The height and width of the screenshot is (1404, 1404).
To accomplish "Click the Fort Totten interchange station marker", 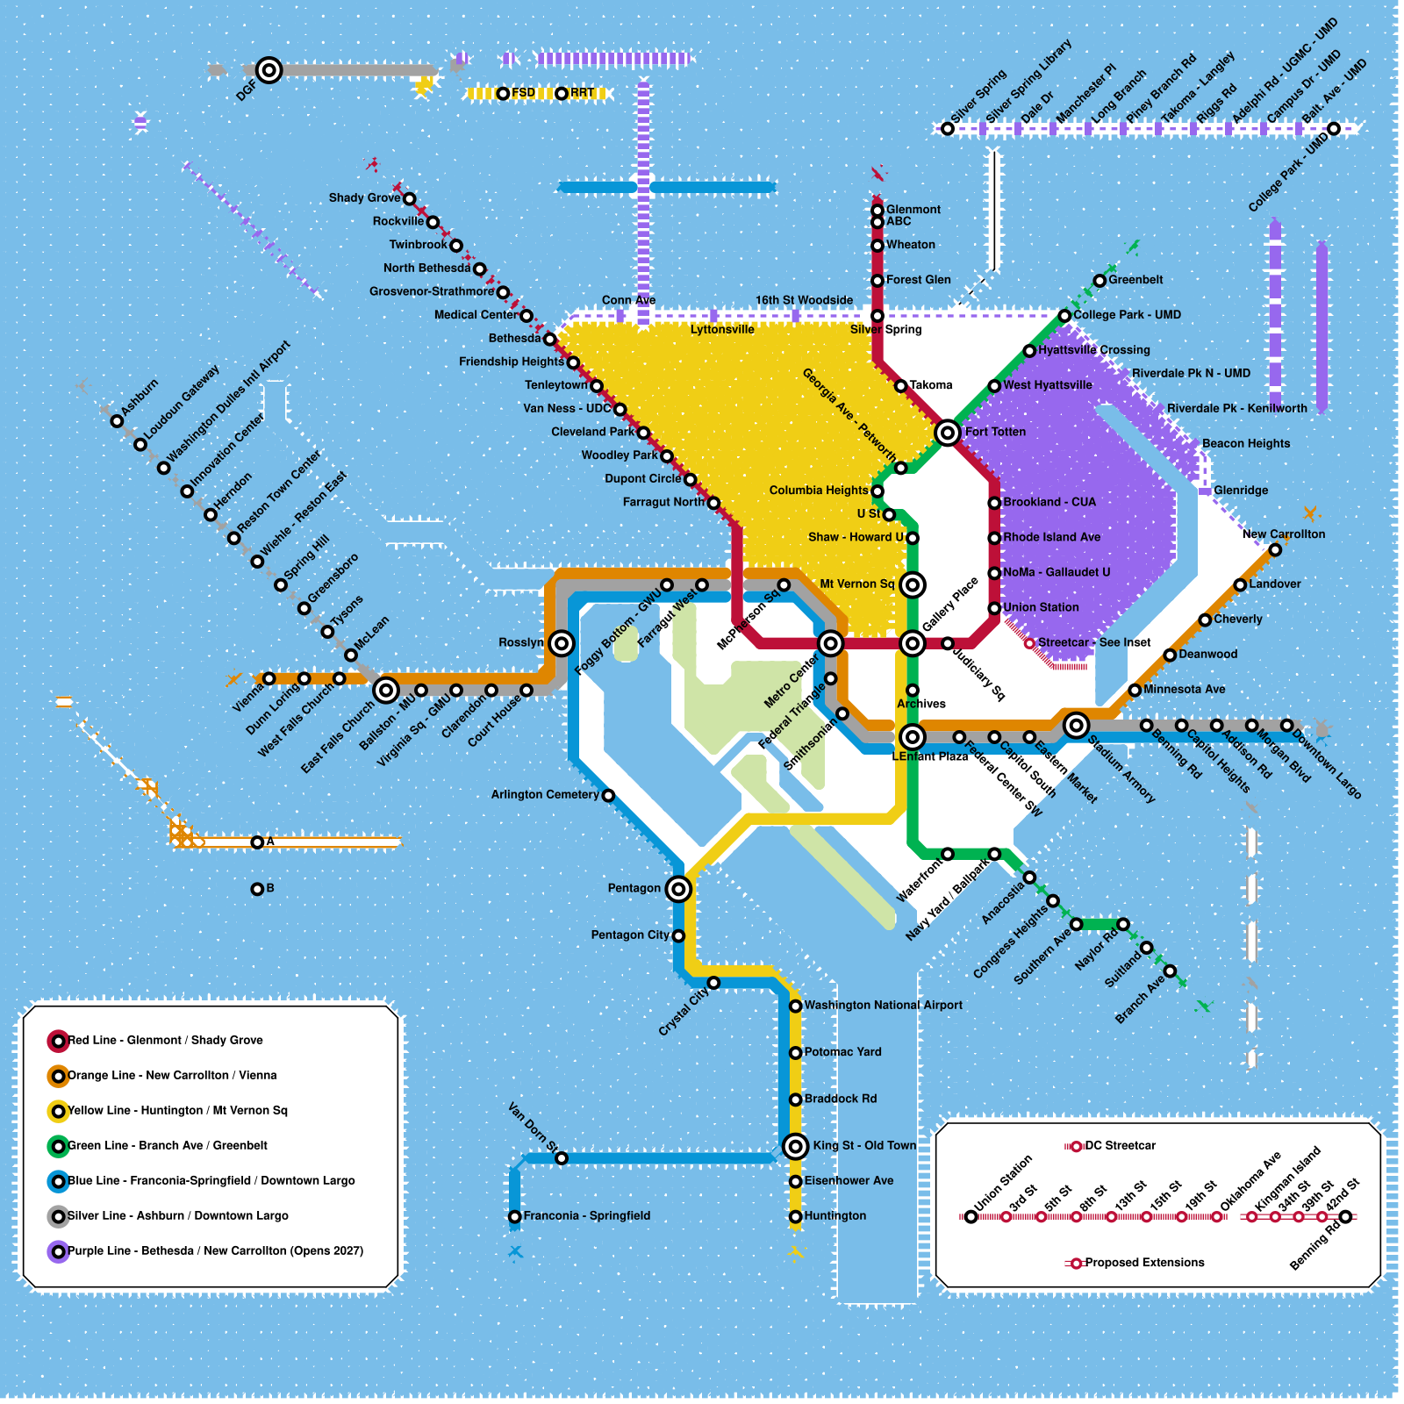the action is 947,433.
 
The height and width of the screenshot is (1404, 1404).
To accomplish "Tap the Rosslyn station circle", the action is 562,643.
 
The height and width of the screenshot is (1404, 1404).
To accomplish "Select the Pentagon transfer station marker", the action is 678,889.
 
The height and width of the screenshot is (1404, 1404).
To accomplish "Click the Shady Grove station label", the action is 364,198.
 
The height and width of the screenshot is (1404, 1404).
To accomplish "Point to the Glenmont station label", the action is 913,210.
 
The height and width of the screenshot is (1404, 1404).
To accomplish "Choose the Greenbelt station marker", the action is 1100,281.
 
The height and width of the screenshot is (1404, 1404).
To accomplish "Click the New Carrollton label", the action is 1283,534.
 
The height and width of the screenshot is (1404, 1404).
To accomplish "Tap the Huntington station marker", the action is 795,1216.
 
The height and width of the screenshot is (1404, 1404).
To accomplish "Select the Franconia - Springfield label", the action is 586,1216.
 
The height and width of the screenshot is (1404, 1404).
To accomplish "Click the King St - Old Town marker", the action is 795,1146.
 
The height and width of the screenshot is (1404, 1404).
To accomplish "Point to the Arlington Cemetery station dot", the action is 608,796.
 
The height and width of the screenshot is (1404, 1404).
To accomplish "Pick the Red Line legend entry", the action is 165,1041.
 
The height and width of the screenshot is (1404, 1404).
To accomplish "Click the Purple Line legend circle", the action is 58,1251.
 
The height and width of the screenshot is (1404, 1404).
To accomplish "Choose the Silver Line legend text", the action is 177,1216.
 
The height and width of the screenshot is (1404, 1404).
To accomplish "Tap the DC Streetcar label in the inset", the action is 1120,1146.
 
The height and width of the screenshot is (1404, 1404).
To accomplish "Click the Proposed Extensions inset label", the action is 1144,1263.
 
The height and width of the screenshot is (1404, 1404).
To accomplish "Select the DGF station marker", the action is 269,70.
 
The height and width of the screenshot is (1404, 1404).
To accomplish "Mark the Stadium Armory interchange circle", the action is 1076,725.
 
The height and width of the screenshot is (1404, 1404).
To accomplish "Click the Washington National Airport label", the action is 883,1006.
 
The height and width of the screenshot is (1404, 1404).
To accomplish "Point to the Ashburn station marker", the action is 117,421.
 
